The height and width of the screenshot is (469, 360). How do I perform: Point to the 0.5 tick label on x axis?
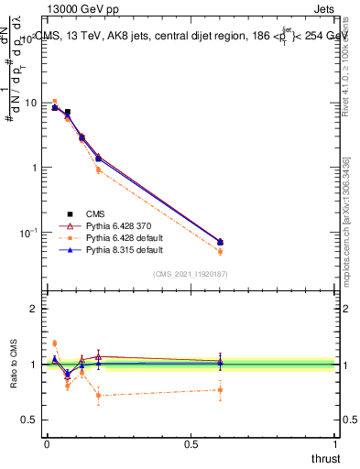point(191,444)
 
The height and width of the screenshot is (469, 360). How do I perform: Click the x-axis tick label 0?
point(47,444)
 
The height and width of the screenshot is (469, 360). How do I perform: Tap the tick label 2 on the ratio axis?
point(33,309)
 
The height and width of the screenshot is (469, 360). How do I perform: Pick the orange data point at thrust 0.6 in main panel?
point(220,251)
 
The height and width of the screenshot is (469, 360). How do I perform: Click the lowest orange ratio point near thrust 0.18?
point(98,396)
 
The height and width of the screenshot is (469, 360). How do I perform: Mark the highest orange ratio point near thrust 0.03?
point(54,344)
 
